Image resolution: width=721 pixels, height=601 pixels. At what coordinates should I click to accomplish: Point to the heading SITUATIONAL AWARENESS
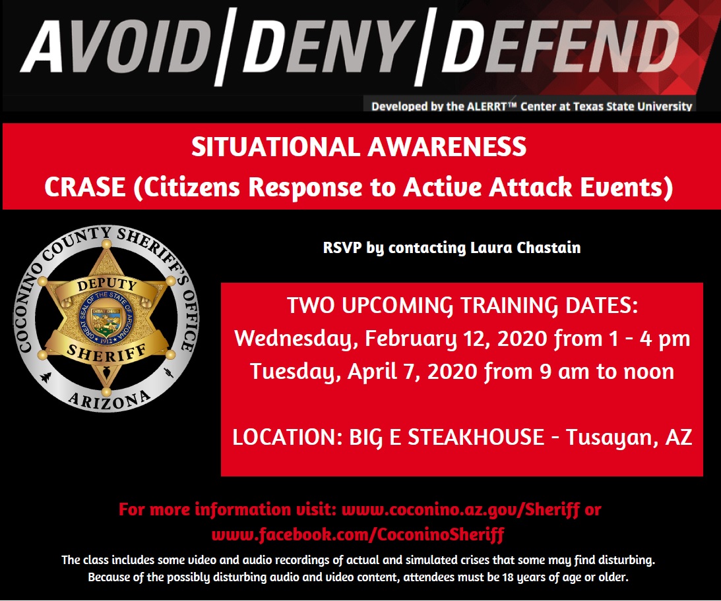[359, 147]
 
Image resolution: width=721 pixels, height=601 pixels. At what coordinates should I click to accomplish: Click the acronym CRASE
[85, 187]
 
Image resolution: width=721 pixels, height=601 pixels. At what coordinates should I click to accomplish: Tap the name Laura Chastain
[525, 248]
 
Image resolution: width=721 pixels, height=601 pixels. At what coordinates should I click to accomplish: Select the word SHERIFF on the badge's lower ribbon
[107, 353]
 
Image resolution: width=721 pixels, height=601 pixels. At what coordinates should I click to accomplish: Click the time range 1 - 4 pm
[649, 339]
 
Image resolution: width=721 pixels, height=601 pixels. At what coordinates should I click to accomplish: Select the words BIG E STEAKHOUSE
[447, 437]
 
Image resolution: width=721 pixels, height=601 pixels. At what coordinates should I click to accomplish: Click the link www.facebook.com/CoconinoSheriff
[358, 534]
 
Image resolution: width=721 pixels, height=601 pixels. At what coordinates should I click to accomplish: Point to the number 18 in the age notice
[508, 577]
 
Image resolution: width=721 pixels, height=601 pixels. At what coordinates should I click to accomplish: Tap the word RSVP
[342, 248]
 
